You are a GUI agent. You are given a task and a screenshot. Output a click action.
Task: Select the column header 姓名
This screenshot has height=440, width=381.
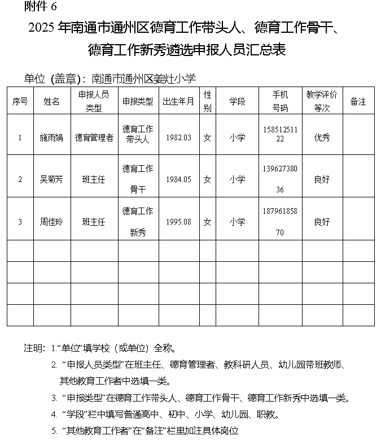[x=52, y=101]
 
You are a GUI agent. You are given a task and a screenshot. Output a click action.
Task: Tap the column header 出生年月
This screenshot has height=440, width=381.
[x=178, y=101]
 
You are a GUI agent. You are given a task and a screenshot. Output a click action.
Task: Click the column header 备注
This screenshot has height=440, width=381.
[x=358, y=101]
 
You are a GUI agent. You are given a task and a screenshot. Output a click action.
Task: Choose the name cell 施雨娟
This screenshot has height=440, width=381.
[x=52, y=137]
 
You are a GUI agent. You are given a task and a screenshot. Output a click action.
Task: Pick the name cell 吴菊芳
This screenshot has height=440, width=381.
[x=52, y=179]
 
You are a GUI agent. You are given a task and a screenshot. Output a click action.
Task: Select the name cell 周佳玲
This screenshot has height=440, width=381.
[x=52, y=222]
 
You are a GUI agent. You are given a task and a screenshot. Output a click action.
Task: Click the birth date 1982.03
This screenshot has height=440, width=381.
[x=178, y=137]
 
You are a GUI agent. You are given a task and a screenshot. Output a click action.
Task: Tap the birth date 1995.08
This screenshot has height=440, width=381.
[x=178, y=222]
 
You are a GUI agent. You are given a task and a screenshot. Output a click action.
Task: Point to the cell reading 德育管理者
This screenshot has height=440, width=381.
[x=94, y=137]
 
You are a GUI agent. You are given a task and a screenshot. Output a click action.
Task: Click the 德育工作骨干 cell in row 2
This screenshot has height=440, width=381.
[x=138, y=179]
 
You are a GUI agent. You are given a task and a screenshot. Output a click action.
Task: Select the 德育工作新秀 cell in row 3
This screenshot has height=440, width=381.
[x=138, y=221]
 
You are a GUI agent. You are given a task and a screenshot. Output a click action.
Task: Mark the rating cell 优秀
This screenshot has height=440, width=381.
[x=322, y=137]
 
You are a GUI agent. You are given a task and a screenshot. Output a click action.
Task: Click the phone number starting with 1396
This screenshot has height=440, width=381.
[x=281, y=179]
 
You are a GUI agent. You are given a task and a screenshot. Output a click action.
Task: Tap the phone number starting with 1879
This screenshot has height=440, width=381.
[x=281, y=221]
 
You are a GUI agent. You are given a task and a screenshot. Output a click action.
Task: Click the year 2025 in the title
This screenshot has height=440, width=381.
[x=41, y=28]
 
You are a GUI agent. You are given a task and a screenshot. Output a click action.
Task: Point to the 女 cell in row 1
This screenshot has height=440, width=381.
[x=207, y=137]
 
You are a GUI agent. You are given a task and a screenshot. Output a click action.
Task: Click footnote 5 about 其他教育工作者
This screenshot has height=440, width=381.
[x=150, y=431]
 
